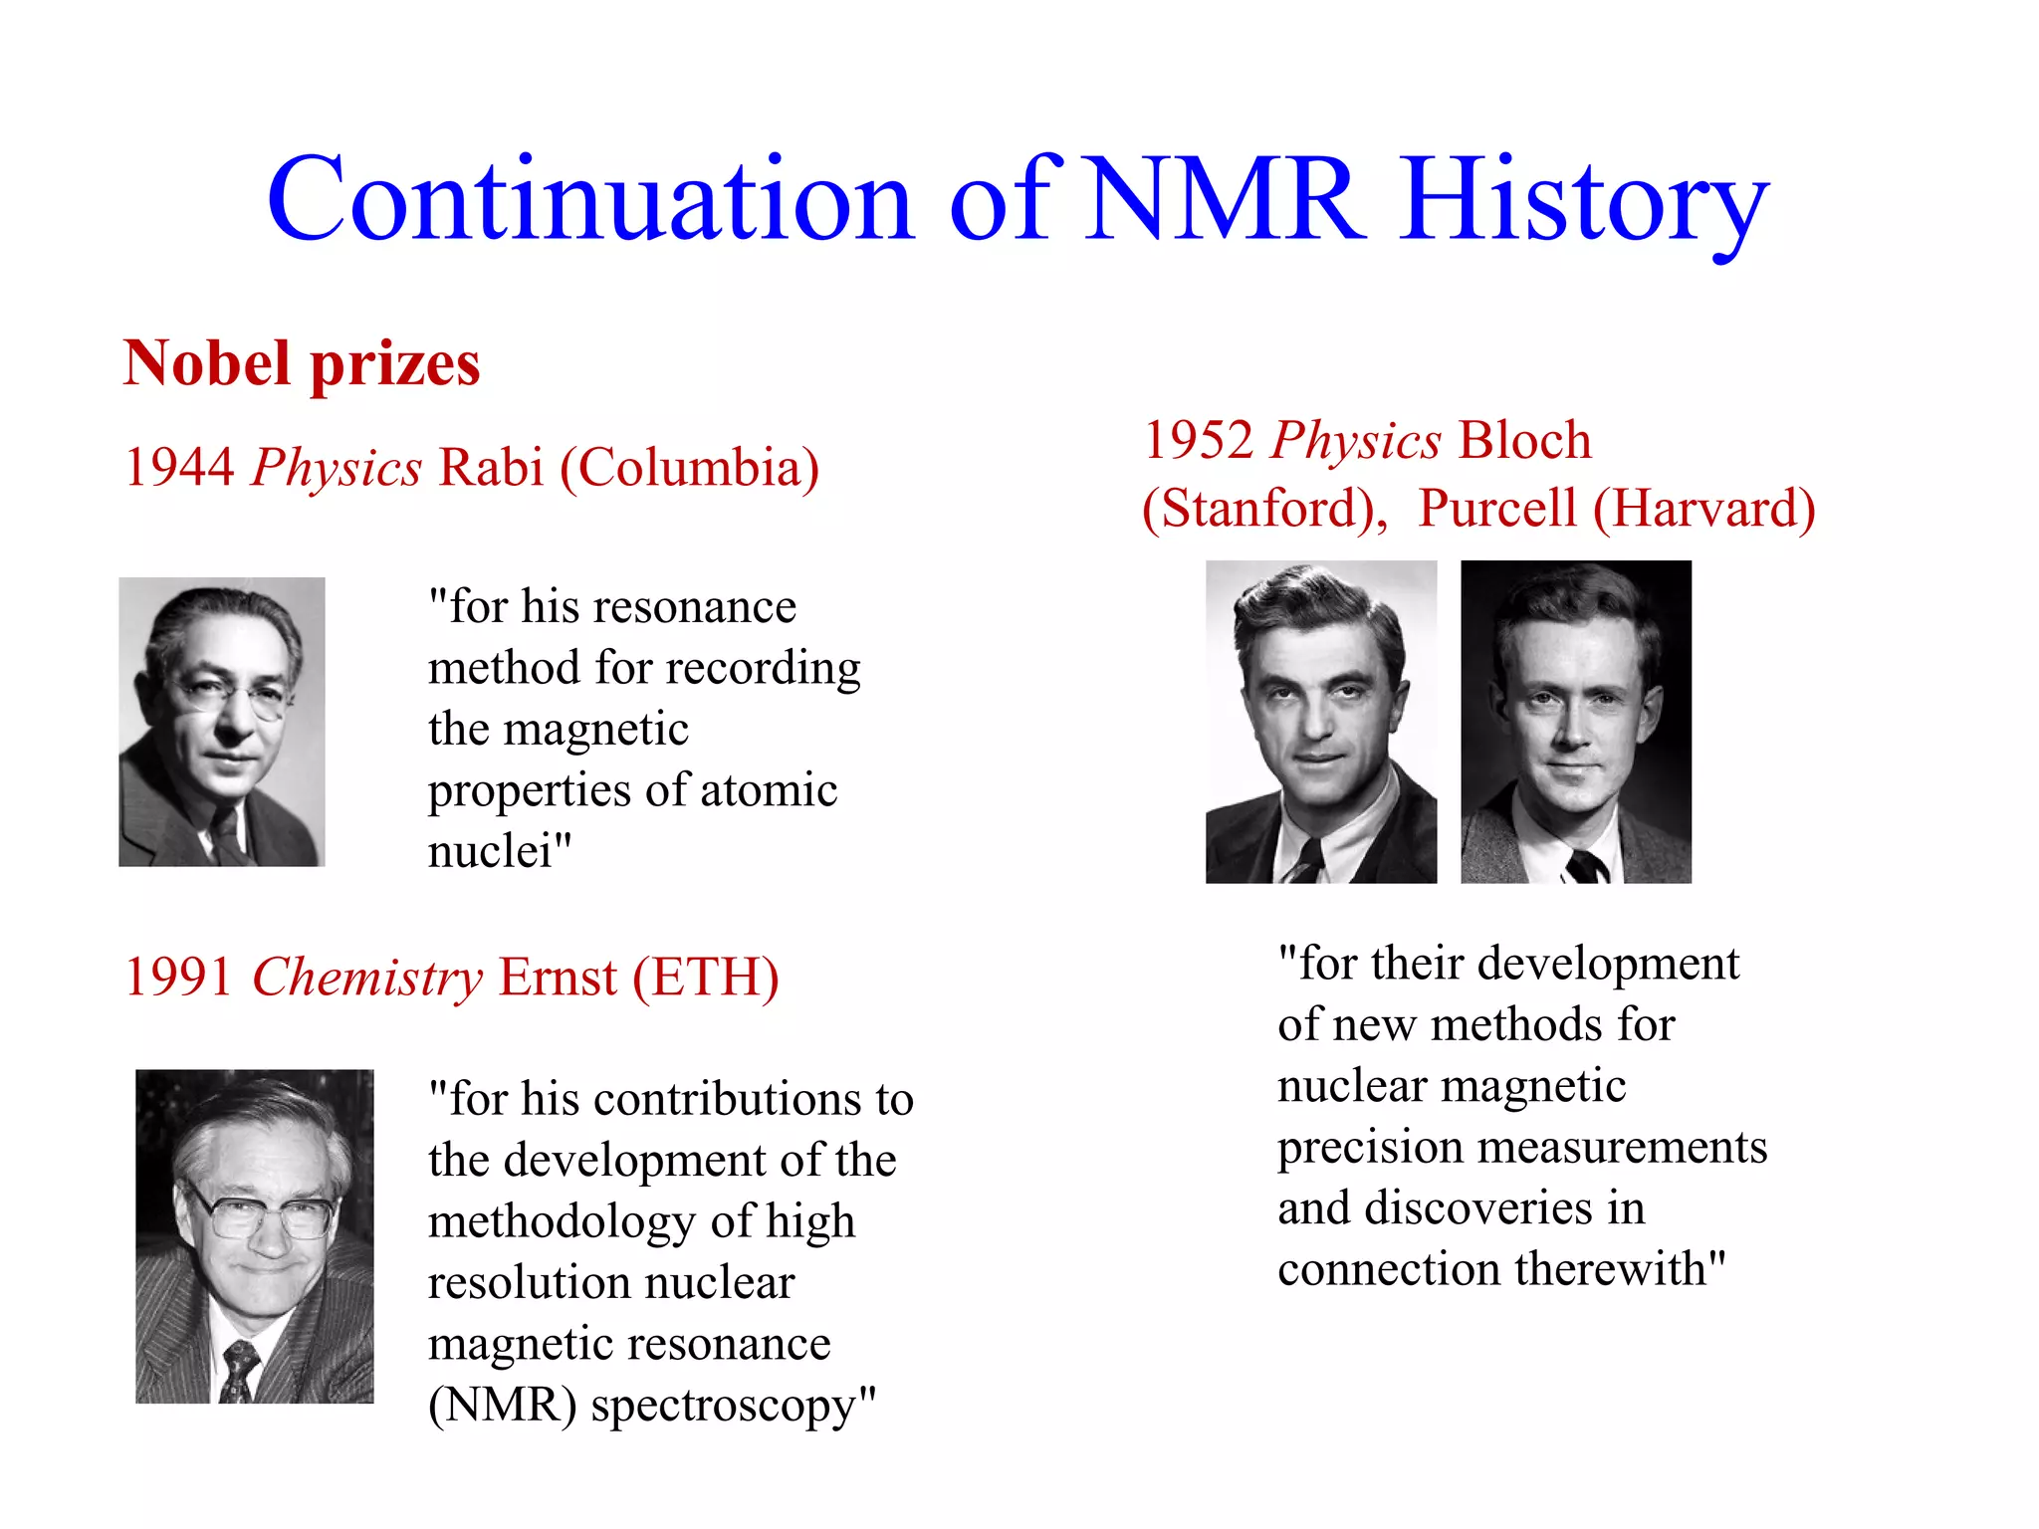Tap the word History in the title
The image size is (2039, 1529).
(x=1584, y=204)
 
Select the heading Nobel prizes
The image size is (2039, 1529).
(x=302, y=363)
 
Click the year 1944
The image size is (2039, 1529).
(x=179, y=467)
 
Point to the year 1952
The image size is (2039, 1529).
(x=1198, y=440)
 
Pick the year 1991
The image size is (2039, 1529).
(x=179, y=977)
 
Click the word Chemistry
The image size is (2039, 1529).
(x=367, y=979)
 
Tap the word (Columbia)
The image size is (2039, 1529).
(x=690, y=468)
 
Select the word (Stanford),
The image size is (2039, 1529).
(x=1265, y=509)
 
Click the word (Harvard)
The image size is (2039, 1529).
(x=1703, y=509)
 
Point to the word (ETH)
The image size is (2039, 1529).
(x=706, y=978)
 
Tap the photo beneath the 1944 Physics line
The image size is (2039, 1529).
(x=222, y=722)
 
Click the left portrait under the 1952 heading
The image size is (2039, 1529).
(x=1321, y=722)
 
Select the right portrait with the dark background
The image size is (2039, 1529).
(x=1576, y=722)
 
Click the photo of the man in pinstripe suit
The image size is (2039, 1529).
(x=255, y=1236)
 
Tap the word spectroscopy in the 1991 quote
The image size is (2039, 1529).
(x=724, y=1406)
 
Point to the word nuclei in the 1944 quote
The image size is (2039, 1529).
(x=490, y=851)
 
